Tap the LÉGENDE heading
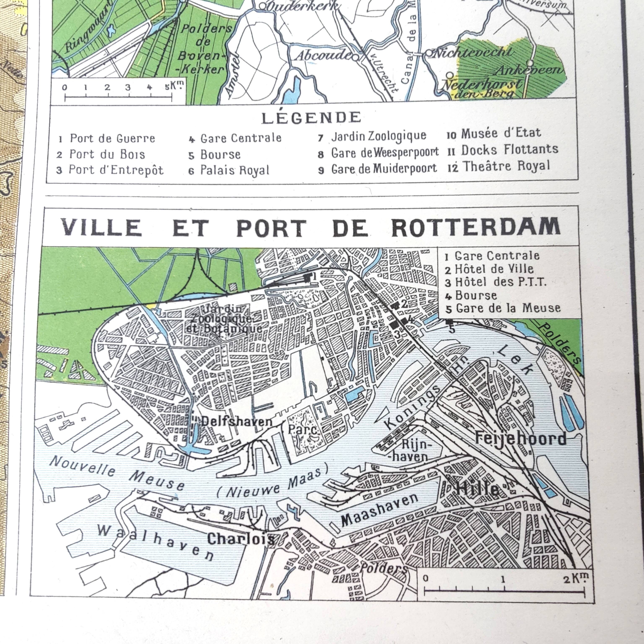311,118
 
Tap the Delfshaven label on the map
237,421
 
